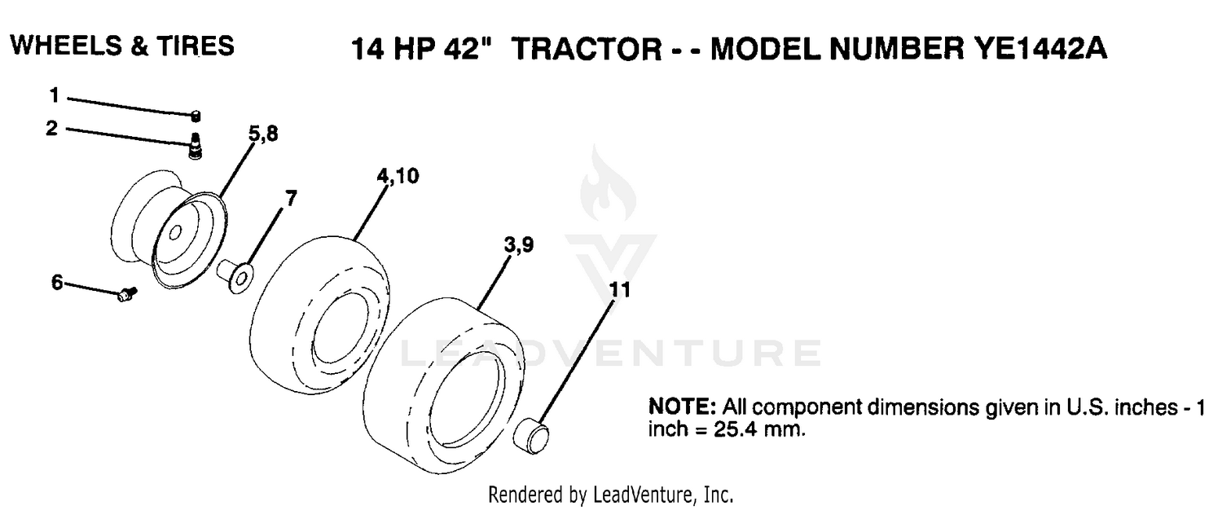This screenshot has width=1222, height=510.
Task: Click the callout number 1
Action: point(54,95)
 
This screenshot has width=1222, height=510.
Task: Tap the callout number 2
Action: point(52,129)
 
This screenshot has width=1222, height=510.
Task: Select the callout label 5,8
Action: point(263,134)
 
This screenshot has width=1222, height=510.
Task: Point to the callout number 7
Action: point(292,198)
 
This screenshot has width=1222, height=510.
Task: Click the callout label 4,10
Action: point(398,176)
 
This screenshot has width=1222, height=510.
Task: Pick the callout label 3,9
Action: point(519,245)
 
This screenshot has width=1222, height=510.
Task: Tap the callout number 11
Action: point(620,290)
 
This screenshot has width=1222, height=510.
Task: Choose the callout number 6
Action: point(57,282)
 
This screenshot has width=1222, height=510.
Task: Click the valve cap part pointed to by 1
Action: point(196,117)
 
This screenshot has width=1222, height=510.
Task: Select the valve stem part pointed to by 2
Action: point(195,146)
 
